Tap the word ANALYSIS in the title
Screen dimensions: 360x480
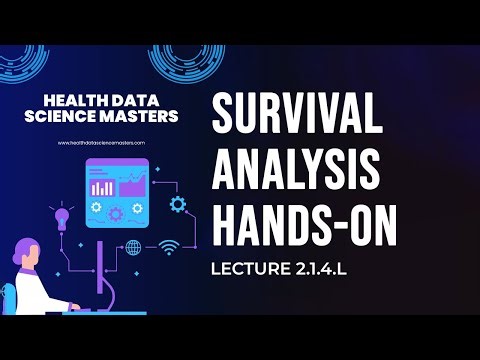[x=299, y=174]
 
